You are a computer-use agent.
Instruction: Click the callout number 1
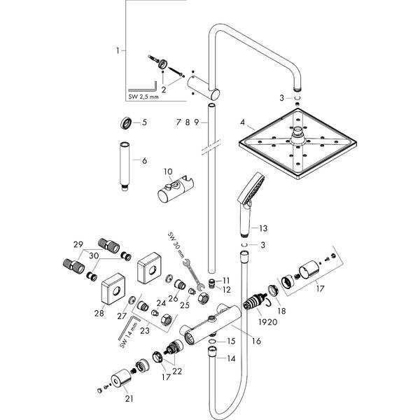point(118,50)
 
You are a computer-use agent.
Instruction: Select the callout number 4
point(242,122)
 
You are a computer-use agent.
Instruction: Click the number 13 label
point(263,229)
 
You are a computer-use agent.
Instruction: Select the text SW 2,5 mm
point(148,97)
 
